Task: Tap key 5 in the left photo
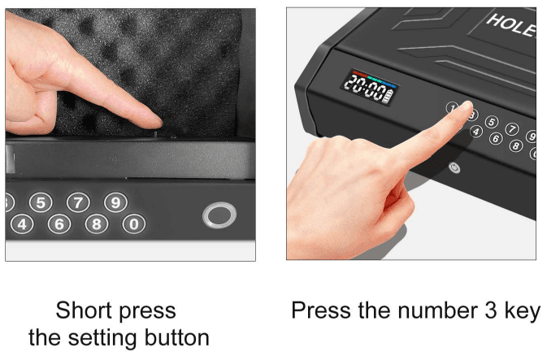pos(41,202)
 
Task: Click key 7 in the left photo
pos(78,202)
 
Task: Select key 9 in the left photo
pos(115,202)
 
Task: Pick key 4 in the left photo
pos(22,224)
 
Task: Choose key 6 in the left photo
pos(59,224)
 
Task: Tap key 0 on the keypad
pos(134,224)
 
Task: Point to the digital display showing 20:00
pos(370,87)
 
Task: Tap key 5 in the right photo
pos(492,122)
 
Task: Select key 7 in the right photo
pos(512,128)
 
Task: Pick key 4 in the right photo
pos(476,132)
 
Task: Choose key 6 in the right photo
pos(496,138)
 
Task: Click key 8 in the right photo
pos(516,145)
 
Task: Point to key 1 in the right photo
pos(452,108)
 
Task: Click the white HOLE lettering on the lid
pos(511,25)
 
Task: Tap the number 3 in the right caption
pos(490,310)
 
